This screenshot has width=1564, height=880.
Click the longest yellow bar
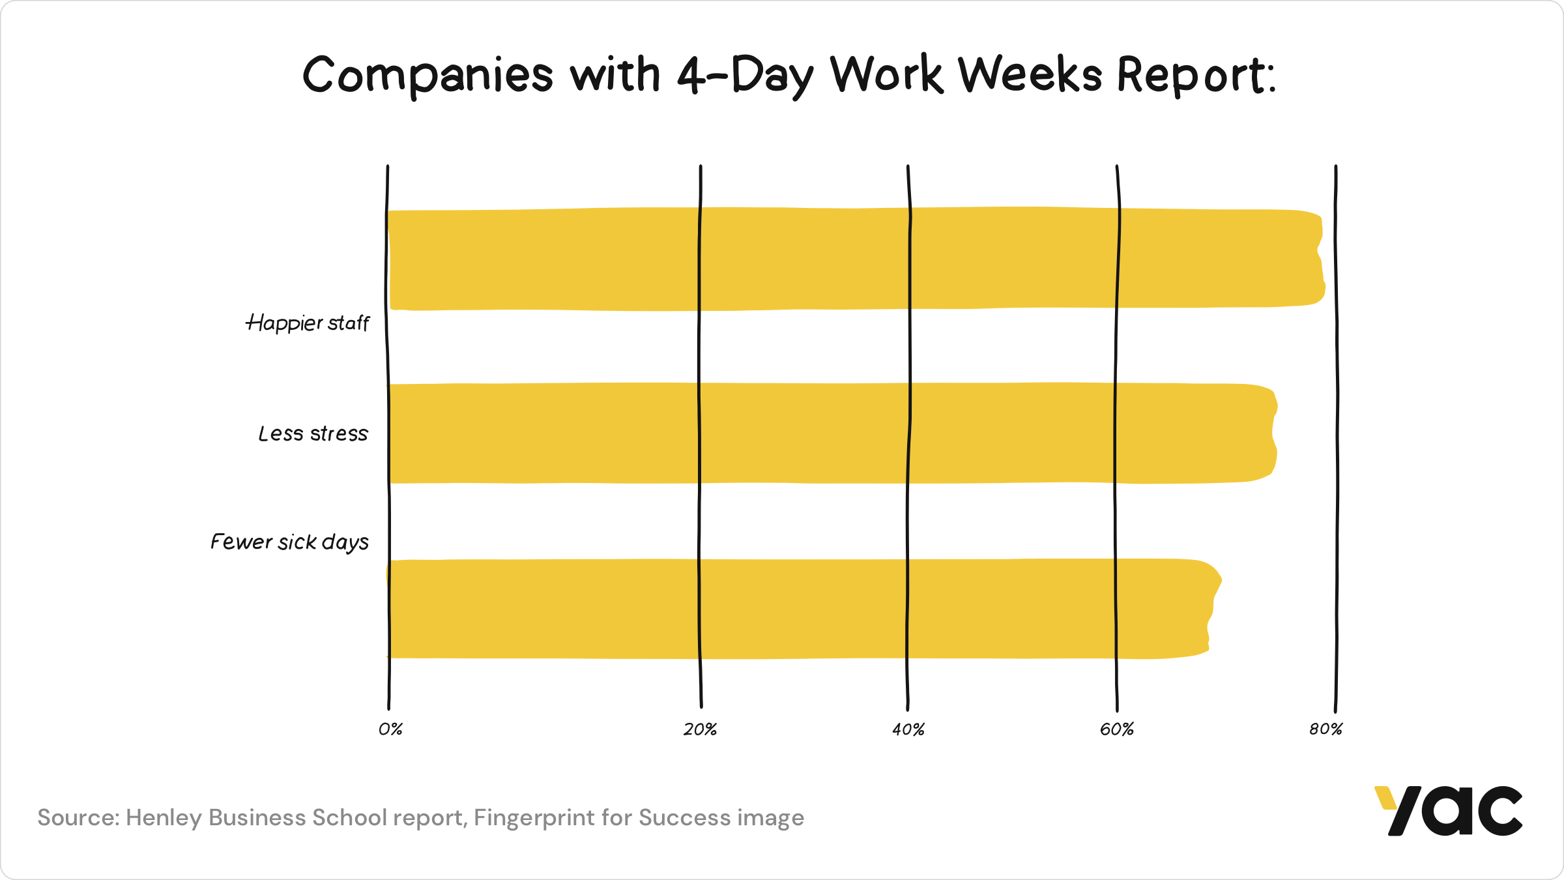coord(847,259)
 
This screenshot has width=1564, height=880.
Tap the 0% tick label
coord(390,729)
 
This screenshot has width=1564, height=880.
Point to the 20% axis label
coord(701,729)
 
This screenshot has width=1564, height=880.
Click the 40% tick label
coord(908,729)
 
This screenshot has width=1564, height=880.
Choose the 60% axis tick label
coord(1117,729)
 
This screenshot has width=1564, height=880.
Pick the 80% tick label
coord(1326,729)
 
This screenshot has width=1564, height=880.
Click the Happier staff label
coord(308,323)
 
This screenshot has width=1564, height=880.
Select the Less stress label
coord(313,434)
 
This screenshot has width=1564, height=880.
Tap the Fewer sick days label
coord(289,542)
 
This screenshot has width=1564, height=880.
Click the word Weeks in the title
coord(1030,74)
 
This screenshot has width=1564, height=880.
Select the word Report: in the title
coord(1196,76)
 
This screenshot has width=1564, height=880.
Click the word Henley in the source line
coord(164,818)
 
